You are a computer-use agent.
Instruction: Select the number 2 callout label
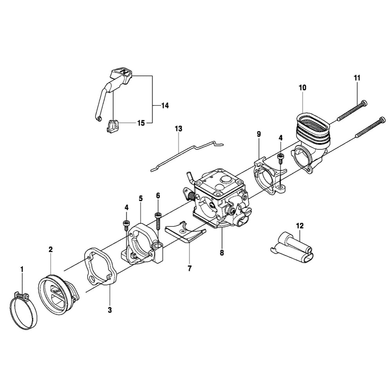51,249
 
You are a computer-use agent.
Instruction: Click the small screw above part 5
127,225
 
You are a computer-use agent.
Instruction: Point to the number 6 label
158,195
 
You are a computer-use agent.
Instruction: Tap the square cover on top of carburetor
222,182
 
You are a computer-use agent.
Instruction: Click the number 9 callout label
259,134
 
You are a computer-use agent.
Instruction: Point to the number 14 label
165,106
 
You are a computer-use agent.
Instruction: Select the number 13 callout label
179,129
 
